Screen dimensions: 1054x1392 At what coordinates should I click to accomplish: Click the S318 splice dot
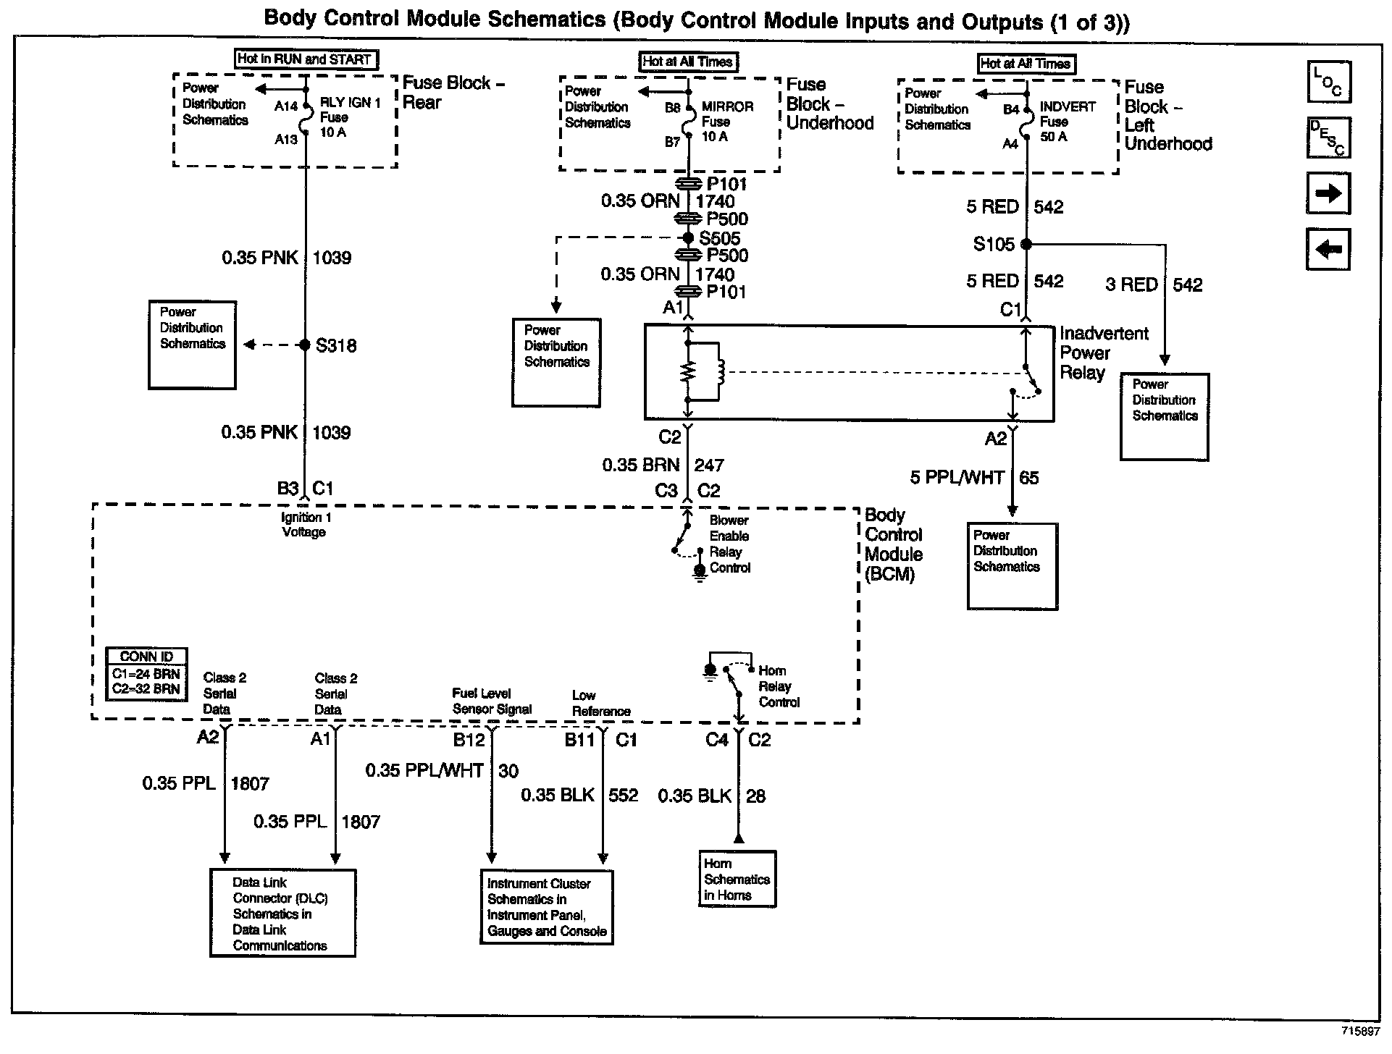click(305, 345)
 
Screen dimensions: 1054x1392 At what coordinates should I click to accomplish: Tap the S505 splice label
click(719, 238)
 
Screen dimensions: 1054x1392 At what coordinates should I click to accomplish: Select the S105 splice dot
click(1026, 245)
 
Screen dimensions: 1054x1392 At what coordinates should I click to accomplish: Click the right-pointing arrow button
click(1328, 193)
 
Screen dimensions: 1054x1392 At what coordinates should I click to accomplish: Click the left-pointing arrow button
click(1328, 250)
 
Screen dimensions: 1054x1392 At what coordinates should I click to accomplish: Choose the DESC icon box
click(1328, 138)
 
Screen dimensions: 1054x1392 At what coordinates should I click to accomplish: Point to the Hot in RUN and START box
click(305, 59)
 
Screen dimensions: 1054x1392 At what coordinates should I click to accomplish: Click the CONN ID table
click(146, 673)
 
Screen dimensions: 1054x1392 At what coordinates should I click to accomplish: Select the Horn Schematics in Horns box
click(737, 879)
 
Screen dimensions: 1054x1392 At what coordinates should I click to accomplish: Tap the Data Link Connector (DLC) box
click(282, 914)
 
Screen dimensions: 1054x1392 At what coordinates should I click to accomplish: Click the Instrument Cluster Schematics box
click(547, 907)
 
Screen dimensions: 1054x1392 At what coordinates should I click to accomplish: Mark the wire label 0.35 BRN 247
click(663, 465)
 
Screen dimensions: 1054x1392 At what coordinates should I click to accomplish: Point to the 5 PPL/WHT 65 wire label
click(974, 478)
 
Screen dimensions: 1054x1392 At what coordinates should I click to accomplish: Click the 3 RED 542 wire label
click(1153, 285)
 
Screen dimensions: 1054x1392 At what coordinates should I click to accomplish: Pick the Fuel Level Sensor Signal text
click(492, 701)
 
